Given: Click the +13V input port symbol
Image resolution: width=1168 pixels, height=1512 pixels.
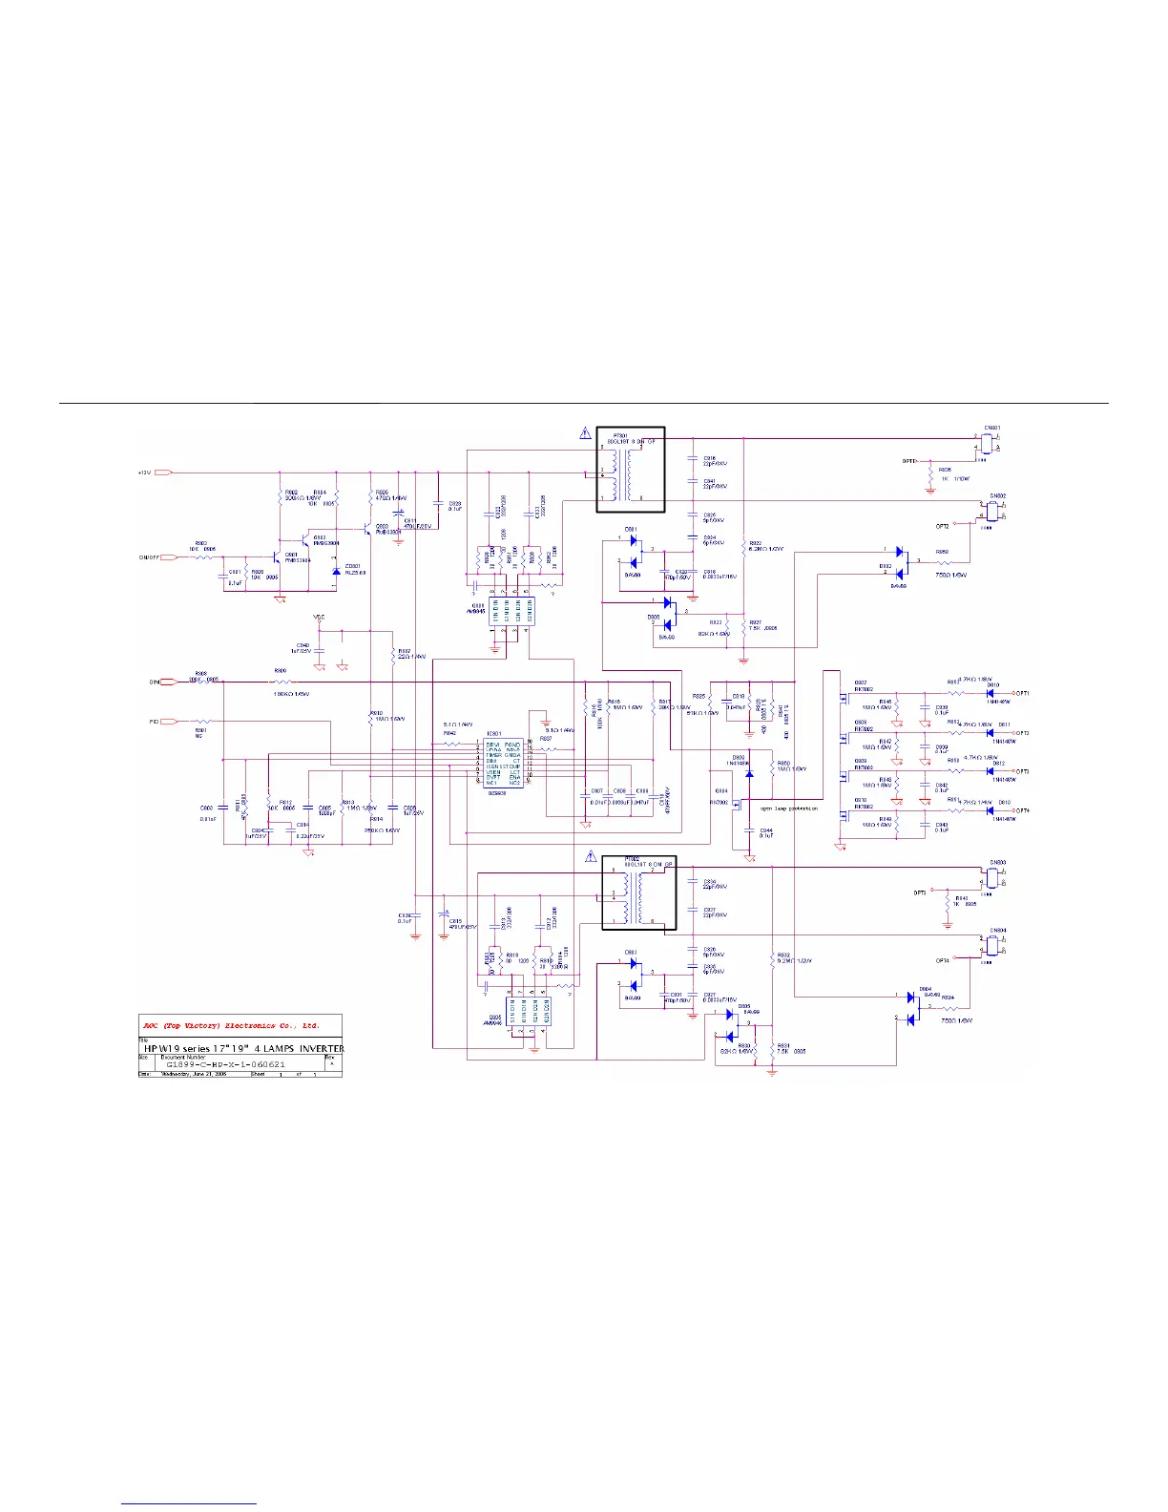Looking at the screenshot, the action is (163, 472).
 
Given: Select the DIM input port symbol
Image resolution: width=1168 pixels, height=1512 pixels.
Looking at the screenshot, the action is (167, 682).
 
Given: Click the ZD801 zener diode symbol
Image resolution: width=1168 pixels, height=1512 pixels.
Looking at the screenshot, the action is (336, 571).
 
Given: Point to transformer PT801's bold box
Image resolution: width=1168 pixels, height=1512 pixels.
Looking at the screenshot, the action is (630, 470).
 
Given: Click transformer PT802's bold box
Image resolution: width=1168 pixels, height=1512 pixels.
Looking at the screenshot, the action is (638, 892).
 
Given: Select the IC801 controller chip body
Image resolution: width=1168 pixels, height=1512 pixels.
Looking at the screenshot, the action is (503, 763).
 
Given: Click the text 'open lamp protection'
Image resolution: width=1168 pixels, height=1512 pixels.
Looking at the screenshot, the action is (789, 808).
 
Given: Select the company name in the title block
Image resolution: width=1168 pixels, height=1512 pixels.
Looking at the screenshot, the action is (231, 1026).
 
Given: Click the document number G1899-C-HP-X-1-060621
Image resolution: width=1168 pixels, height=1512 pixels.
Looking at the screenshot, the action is (225, 1064).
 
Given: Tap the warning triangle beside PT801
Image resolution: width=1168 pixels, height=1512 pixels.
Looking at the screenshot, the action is (585, 432).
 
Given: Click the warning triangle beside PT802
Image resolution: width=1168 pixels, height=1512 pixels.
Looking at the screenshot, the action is (591, 857).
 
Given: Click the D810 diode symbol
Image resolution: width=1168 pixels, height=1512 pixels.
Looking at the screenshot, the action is (990, 694).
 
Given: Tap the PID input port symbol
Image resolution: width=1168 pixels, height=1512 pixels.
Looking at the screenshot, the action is (167, 722).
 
